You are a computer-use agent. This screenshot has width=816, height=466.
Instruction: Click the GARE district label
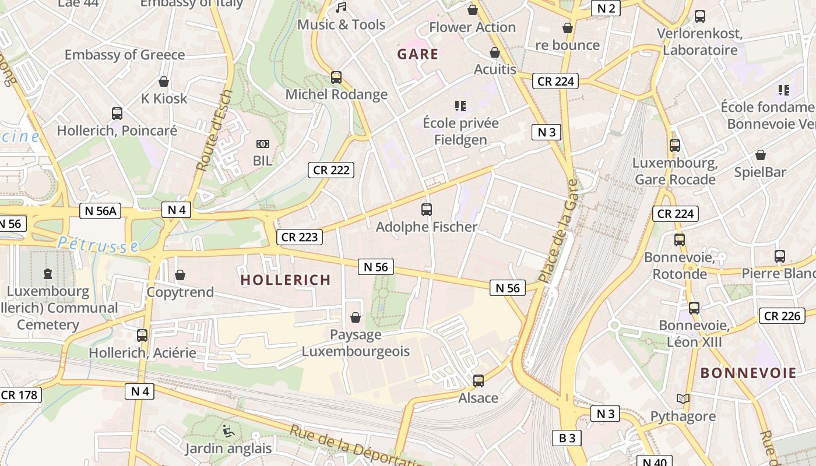point(417,54)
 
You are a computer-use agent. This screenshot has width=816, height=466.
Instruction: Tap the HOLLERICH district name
point(286,280)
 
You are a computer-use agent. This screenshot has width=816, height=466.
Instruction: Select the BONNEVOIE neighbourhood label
point(748,373)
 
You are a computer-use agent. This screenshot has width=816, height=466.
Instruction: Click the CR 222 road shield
point(331,170)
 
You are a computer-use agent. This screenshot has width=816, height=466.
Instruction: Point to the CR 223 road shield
point(299,236)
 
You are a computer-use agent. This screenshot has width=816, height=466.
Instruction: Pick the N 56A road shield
point(100,211)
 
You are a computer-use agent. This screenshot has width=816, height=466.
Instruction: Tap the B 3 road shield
point(567,438)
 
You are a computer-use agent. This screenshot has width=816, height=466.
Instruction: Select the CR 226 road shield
point(782,316)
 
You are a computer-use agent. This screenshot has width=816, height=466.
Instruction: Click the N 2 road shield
point(606,8)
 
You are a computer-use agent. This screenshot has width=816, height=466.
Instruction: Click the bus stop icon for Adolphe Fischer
point(427,210)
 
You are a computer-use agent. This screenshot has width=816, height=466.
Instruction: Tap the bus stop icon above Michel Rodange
point(336,77)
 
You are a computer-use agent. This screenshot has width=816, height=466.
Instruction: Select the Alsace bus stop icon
point(479,381)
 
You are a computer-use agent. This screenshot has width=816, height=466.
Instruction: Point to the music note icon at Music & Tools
point(341,8)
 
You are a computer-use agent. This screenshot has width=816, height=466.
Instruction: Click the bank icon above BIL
point(263,143)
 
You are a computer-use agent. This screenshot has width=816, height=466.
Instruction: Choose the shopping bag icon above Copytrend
point(180,275)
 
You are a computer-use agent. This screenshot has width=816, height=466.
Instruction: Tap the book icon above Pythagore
point(683,399)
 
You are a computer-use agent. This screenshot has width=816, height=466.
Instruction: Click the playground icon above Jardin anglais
point(228,431)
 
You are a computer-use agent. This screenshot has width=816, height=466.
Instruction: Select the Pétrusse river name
point(98,245)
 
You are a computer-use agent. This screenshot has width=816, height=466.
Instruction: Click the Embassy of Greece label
point(125,55)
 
